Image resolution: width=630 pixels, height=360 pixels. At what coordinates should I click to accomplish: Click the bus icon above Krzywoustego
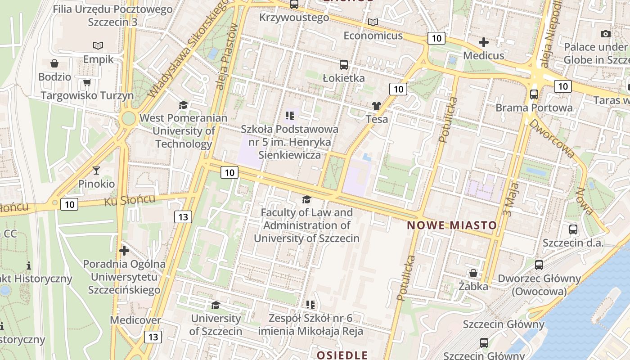tap(294, 4)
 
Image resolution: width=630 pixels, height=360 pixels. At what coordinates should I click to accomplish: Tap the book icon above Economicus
tap(373, 22)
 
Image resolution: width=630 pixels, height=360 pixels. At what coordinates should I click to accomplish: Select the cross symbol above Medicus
tap(484, 42)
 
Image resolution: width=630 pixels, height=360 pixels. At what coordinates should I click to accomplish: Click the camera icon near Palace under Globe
tap(606, 34)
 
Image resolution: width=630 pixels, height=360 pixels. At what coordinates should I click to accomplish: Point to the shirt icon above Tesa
tap(377, 106)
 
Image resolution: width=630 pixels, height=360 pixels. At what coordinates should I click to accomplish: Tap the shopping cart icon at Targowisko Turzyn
tap(87, 82)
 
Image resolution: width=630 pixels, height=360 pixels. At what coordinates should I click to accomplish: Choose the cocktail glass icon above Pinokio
tap(96, 170)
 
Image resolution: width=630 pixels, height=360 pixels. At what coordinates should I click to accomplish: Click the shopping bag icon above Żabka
tap(473, 273)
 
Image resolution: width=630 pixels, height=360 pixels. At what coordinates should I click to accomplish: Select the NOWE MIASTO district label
tap(452, 225)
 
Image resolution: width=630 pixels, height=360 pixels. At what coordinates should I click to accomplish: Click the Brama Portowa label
tap(534, 108)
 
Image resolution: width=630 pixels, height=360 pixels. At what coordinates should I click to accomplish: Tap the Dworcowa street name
tap(552, 138)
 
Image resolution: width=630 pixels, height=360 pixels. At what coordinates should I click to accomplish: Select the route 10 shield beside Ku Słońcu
tap(69, 205)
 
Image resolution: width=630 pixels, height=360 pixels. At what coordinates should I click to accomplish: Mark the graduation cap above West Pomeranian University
tap(183, 105)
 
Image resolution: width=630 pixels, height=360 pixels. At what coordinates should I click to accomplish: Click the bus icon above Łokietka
tap(344, 65)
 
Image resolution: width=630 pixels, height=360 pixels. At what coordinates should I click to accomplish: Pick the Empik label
tap(98, 59)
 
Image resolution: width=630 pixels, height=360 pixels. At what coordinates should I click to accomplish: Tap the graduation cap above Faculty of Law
tap(306, 199)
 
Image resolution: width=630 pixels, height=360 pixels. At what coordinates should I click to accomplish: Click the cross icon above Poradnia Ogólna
tap(124, 250)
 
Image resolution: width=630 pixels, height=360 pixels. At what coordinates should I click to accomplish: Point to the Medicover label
tap(135, 320)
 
